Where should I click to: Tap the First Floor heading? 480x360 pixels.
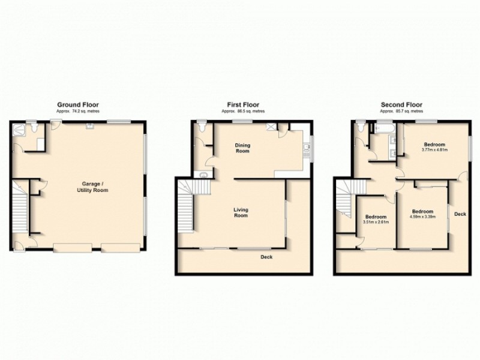243,104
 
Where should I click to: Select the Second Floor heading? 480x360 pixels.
401,104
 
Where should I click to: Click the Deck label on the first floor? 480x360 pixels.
267,257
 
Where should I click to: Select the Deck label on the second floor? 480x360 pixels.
460,214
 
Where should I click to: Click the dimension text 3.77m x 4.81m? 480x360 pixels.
434,150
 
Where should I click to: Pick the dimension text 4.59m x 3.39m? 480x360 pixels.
423,217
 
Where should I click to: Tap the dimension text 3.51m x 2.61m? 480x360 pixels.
376,222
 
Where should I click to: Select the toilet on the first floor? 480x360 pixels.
201,127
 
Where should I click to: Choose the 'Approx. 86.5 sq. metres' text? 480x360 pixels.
243,112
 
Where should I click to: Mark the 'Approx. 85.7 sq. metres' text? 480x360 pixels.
401,112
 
